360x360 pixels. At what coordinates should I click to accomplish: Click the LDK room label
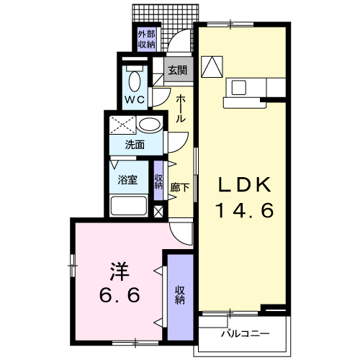245,184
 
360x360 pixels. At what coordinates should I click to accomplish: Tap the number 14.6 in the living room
245,210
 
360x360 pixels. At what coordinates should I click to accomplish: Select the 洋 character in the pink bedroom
120,272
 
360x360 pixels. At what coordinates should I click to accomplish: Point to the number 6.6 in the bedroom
120,295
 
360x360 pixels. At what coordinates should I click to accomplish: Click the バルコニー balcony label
245,334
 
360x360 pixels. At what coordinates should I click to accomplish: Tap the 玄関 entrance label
178,71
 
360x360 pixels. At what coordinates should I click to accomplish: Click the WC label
135,99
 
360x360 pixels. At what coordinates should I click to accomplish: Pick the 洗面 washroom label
135,145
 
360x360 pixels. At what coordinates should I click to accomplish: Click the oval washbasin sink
150,125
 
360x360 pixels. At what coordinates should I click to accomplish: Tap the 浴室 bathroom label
127,180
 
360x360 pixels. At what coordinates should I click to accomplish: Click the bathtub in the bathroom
129,206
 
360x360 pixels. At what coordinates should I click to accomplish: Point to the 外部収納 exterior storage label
146,40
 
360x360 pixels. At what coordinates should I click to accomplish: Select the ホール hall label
181,109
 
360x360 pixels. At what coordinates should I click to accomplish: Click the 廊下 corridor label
180,188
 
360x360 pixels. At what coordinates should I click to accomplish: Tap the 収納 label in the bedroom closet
180,295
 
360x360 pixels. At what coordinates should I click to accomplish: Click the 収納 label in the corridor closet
158,181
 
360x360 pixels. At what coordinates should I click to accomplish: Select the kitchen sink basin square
238,87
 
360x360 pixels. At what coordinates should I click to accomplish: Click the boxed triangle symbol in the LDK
212,67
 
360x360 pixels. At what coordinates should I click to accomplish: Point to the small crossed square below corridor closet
158,212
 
